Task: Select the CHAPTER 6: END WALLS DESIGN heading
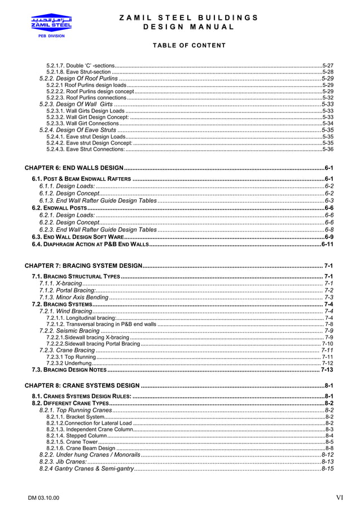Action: (74, 168)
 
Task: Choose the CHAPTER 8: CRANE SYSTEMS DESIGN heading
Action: (82, 385)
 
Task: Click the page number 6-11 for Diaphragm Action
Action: (327, 245)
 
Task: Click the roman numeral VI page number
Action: (340, 498)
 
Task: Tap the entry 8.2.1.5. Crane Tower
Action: (72, 442)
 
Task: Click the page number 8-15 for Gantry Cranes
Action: (327, 469)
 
